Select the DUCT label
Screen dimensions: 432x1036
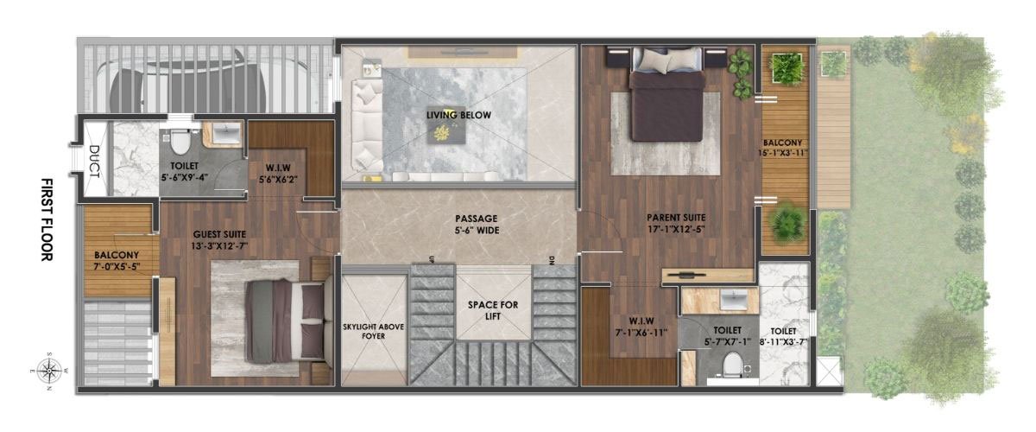click(94, 161)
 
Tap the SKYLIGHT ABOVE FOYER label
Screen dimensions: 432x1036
click(374, 331)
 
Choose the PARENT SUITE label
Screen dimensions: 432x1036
click(677, 223)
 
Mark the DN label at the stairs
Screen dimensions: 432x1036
click(551, 260)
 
